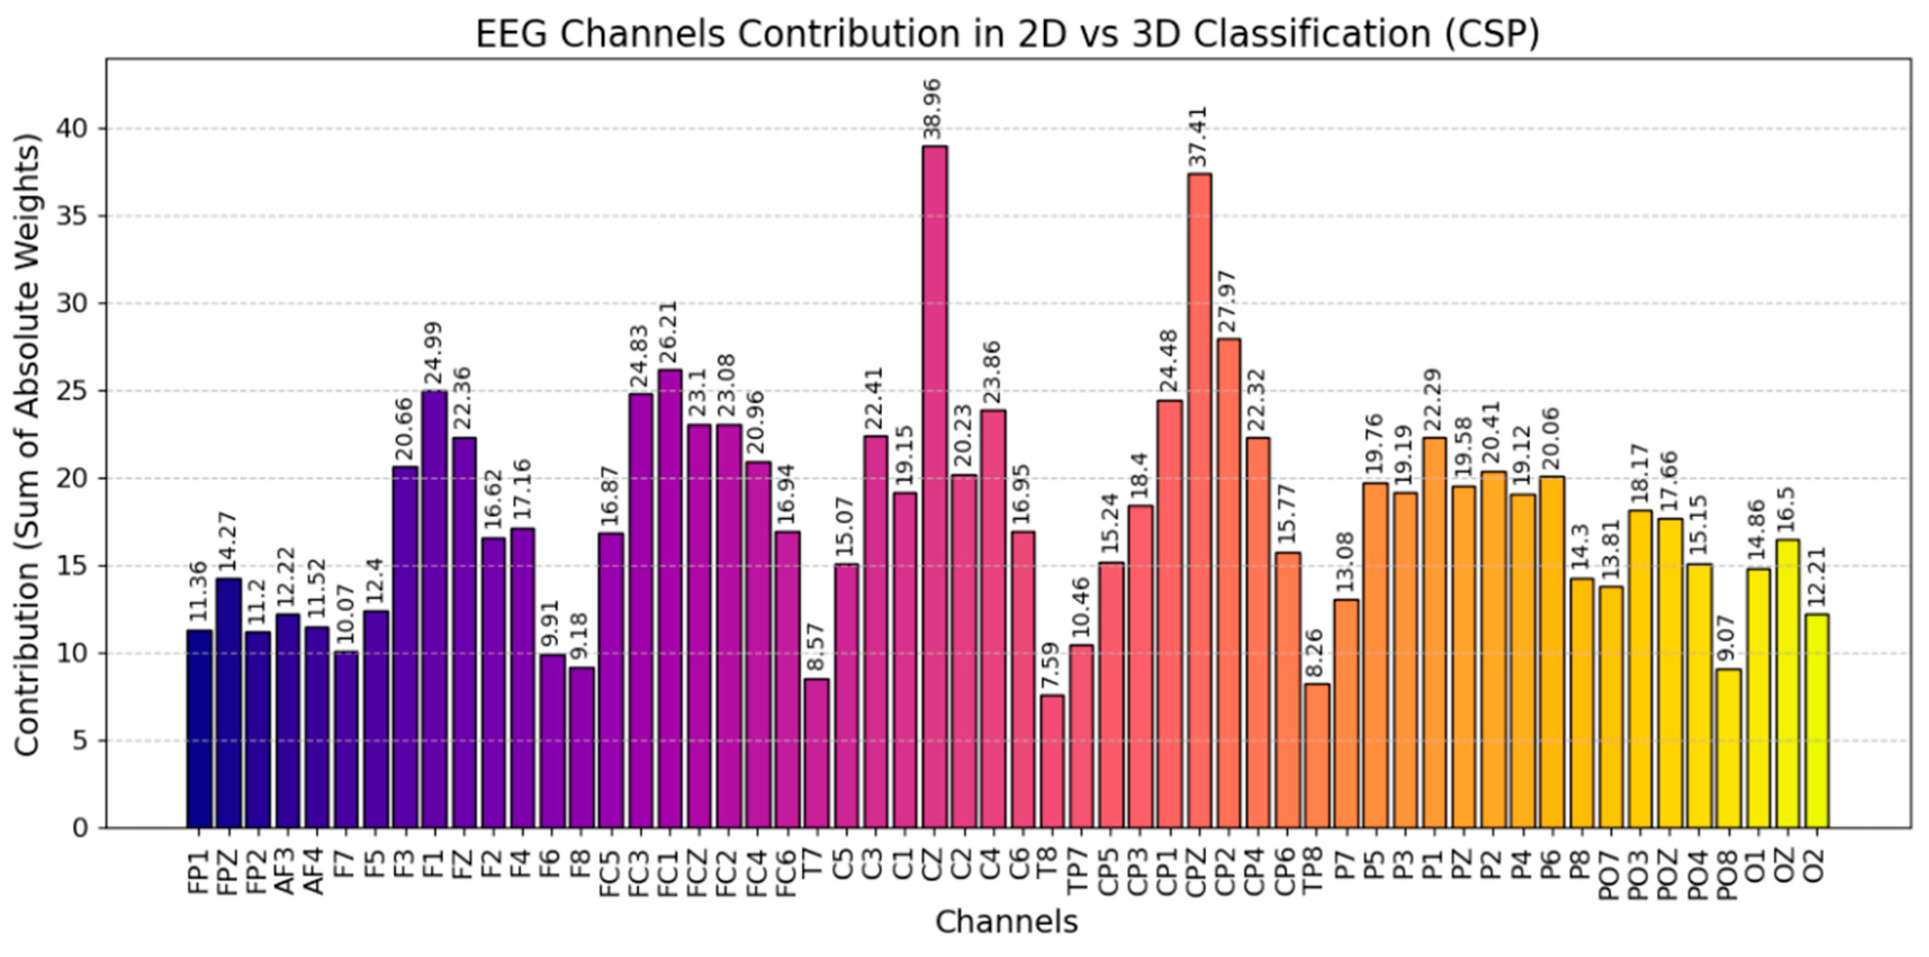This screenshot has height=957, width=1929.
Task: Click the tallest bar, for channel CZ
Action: point(935,487)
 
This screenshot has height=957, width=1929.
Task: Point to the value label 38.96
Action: point(933,109)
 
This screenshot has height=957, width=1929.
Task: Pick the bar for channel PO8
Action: point(1728,749)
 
